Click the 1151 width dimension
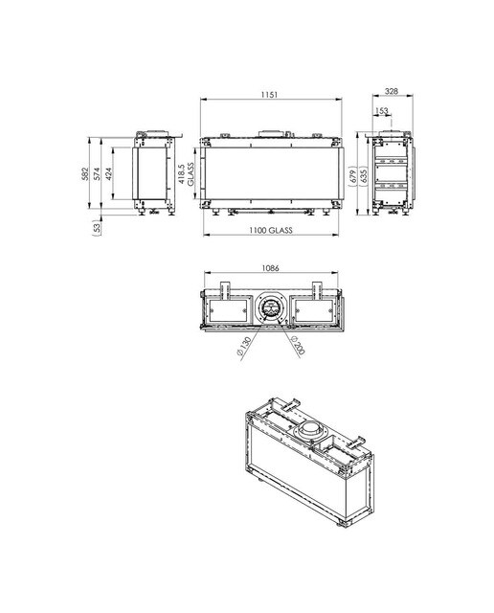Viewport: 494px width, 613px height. coord(269,95)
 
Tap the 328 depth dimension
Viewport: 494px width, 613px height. coord(392,91)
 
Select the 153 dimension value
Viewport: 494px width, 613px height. coord(381,111)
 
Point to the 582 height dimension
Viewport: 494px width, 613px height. coord(85,174)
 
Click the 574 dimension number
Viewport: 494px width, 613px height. coord(97,174)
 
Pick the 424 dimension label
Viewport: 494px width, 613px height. coord(108,174)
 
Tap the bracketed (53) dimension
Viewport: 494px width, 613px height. coord(97,228)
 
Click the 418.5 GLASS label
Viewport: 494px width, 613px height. coord(186,174)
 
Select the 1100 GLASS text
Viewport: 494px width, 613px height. coord(271,230)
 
